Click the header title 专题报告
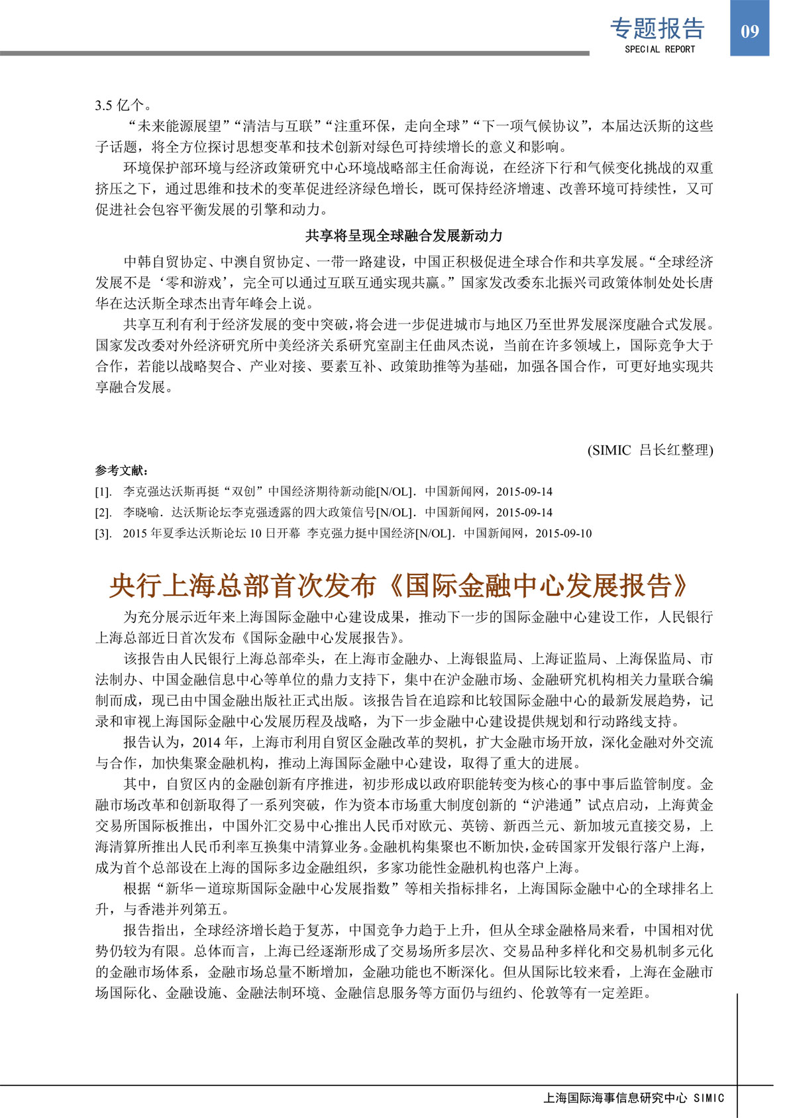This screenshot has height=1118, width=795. click(x=657, y=28)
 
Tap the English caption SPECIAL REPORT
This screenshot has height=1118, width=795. click(x=660, y=50)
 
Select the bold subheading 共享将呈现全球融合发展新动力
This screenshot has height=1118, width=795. click(x=403, y=235)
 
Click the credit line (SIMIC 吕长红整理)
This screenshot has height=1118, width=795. click(x=650, y=450)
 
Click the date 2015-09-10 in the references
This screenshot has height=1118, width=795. click(x=563, y=533)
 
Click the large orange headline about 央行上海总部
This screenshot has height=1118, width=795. click(x=399, y=586)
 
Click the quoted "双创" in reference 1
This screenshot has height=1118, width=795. click(x=244, y=492)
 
